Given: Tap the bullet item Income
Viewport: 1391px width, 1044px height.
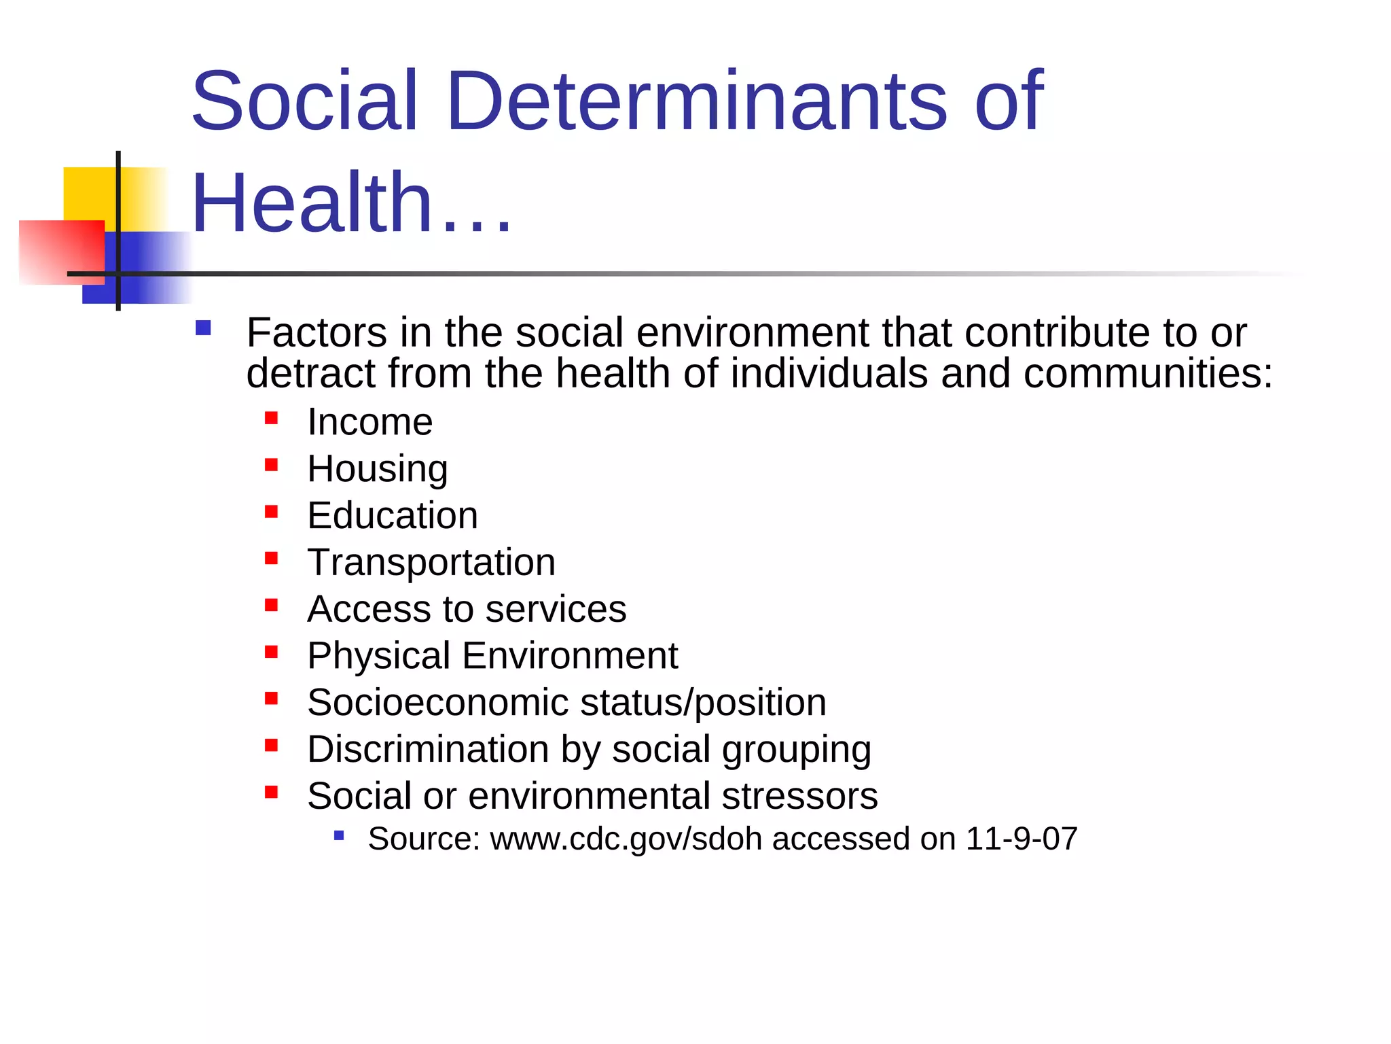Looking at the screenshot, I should pyautogui.click(x=369, y=422).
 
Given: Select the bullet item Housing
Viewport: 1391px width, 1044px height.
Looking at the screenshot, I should pyautogui.click(x=378, y=469).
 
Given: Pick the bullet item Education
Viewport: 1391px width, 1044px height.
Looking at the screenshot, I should pyautogui.click(x=393, y=515).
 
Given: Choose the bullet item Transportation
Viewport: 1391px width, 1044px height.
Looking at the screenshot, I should pyautogui.click(x=431, y=562).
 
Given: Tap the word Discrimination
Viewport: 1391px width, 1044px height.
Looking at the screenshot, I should pyautogui.click(x=428, y=749).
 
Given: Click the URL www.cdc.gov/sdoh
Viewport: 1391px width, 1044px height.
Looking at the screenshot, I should pyautogui.click(x=626, y=839).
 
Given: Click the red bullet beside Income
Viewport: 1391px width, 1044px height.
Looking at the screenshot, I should pyautogui.click(x=272, y=418).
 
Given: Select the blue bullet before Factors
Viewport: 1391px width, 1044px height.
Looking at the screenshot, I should pyautogui.click(x=203, y=329).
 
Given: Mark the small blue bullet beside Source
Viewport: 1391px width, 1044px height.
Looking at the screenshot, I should pyautogui.click(x=339, y=835).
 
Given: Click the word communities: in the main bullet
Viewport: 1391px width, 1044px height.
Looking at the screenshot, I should pyautogui.click(x=1148, y=374).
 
